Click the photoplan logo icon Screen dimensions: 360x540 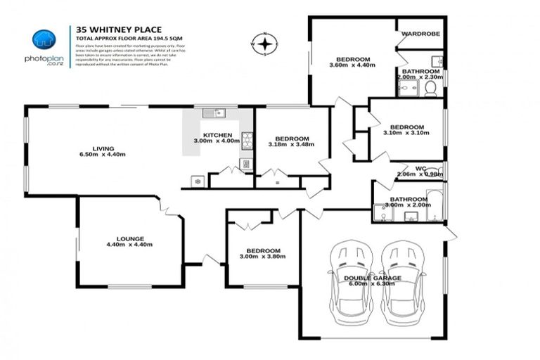[44, 39]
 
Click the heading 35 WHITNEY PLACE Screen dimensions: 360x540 [114, 30]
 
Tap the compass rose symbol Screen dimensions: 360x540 [264, 44]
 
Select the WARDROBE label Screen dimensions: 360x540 [420, 33]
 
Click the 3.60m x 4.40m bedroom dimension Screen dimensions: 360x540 [357, 65]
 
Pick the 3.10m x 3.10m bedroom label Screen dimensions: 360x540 [406, 131]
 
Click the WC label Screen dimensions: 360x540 [421, 169]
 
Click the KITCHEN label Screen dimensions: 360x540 [218, 135]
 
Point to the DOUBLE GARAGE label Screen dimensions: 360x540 [373, 278]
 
